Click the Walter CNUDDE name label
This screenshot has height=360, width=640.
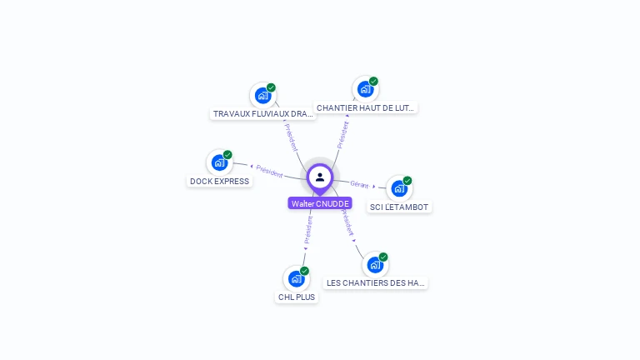click(320, 203)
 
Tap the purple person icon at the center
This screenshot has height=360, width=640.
click(320, 177)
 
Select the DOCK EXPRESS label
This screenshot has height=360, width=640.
click(219, 181)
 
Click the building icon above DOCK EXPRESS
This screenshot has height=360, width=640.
click(219, 162)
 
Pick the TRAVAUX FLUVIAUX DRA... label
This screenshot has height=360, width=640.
click(263, 113)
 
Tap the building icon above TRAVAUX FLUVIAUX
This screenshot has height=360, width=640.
click(262, 95)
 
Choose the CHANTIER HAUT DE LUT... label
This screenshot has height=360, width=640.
click(366, 107)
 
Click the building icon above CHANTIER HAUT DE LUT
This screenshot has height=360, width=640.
click(365, 89)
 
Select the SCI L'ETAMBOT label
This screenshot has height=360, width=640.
click(400, 207)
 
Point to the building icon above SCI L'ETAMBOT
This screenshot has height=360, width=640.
click(399, 188)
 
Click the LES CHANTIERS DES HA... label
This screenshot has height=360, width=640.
click(376, 283)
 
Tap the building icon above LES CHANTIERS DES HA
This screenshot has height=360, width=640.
click(375, 265)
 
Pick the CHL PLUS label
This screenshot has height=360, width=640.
click(297, 297)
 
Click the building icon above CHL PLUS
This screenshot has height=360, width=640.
click(296, 278)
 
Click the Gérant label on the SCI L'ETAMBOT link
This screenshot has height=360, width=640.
click(359, 184)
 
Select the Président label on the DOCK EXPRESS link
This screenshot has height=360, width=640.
click(269, 171)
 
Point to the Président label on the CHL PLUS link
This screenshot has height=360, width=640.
click(307, 230)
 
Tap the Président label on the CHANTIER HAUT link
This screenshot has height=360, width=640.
click(342, 134)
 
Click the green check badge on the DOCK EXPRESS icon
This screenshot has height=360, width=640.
click(227, 155)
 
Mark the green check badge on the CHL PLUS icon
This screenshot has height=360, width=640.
click(304, 271)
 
